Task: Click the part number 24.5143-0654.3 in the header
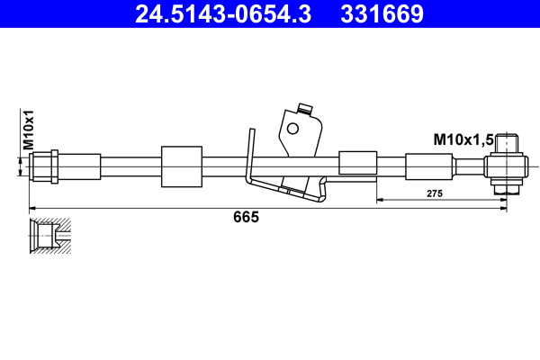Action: tap(222, 14)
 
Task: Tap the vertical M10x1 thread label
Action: tap(28, 130)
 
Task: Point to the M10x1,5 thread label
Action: tap(462, 139)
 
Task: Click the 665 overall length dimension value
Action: tap(246, 217)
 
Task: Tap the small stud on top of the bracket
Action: tap(303, 110)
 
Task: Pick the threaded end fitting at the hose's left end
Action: tap(44, 166)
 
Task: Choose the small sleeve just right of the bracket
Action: tap(356, 163)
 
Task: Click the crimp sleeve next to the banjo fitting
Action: tap(430, 167)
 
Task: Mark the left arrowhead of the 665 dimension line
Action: tap(34, 208)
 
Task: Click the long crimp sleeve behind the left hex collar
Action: tap(80, 166)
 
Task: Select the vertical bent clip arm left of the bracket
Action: tap(250, 155)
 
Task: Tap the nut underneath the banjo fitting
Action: tap(507, 189)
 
